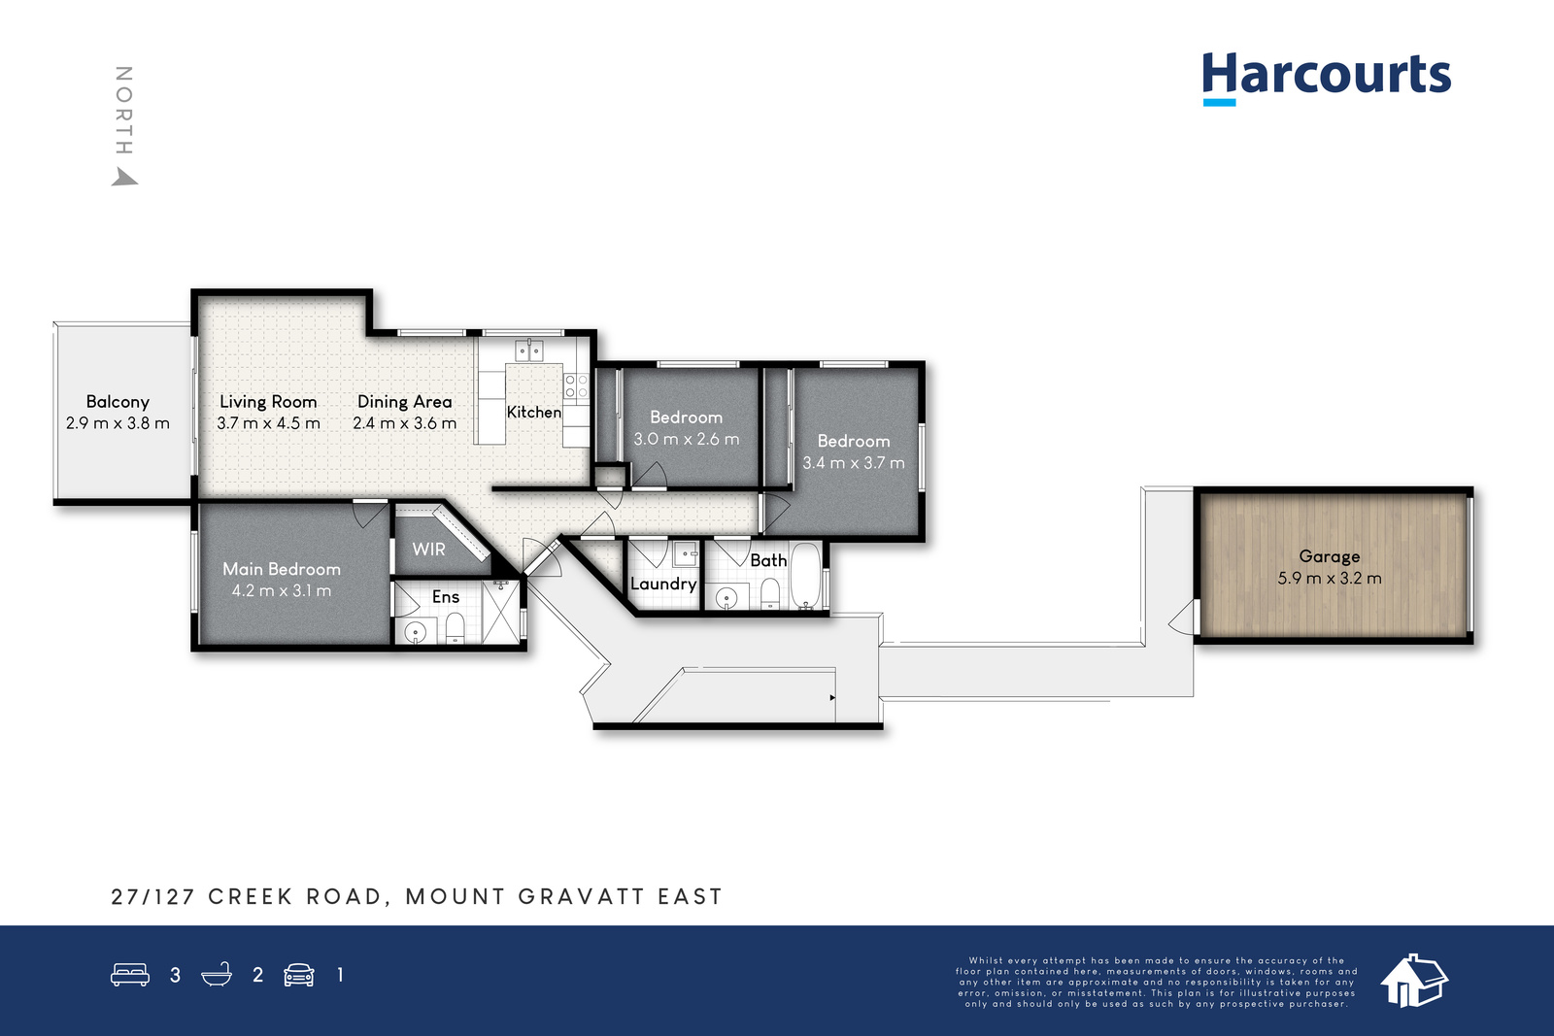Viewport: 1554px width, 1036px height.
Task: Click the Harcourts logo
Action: (x=1326, y=79)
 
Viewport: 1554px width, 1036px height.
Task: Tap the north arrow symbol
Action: (x=125, y=177)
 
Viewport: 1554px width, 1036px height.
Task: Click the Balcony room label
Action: (x=118, y=402)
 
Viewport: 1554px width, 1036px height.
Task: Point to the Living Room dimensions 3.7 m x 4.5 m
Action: (x=268, y=423)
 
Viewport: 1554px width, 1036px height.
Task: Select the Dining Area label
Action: (x=404, y=402)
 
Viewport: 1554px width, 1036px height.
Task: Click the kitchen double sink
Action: (x=529, y=351)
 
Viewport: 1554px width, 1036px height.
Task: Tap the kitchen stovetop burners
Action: (x=576, y=386)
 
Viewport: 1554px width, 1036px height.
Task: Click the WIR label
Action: (x=428, y=550)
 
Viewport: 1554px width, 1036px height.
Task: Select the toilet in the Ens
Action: (x=455, y=629)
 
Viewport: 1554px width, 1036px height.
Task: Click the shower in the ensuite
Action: (x=500, y=614)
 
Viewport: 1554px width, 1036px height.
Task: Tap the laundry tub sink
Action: (x=686, y=554)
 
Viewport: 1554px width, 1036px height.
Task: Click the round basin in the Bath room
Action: (x=726, y=598)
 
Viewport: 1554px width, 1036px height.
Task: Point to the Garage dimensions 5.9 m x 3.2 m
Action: (x=1330, y=579)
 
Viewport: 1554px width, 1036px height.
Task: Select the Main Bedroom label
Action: (x=282, y=569)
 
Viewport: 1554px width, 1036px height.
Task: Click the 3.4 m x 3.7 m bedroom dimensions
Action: (x=854, y=462)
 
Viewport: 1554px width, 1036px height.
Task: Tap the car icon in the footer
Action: (x=299, y=975)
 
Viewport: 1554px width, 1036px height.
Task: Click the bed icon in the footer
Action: (x=130, y=974)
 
